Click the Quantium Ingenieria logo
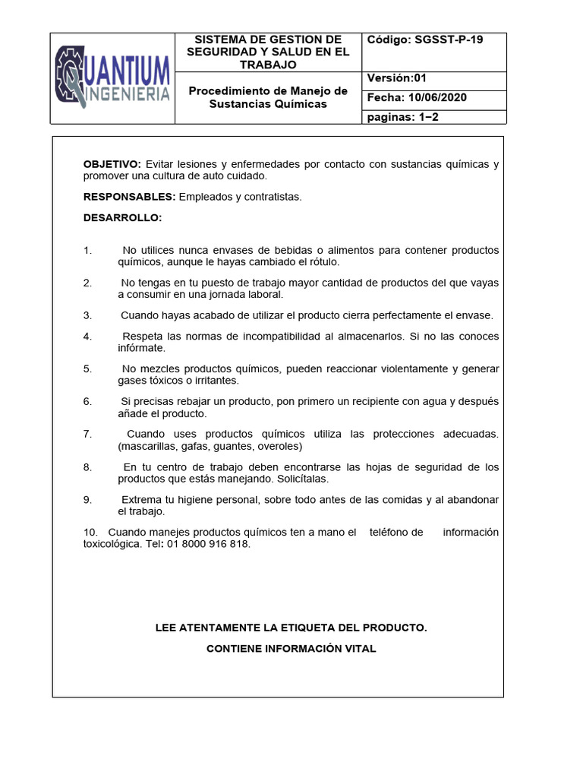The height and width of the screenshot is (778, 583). pyautogui.click(x=112, y=78)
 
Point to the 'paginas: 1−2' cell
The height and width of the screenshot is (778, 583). pyautogui.click(x=404, y=116)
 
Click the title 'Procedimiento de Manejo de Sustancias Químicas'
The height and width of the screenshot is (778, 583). pyautogui.click(x=268, y=96)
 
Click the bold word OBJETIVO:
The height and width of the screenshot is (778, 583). pyautogui.click(x=112, y=164)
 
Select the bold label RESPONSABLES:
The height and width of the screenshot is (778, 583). pyautogui.click(x=129, y=197)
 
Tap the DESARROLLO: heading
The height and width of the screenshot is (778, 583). pyautogui.click(x=122, y=218)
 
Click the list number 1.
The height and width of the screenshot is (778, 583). pyautogui.click(x=87, y=250)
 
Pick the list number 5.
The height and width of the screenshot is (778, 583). pyautogui.click(x=87, y=368)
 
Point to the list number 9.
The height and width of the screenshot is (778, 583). pyautogui.click(x=87, y=499)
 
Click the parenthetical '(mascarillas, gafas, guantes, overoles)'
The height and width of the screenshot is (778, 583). pyautogui.click(x=210, y=446)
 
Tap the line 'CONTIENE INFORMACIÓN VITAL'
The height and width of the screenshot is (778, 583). pyautogui.click(x=291, y=648)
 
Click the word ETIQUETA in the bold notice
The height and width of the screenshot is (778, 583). pyautogui.click(x=313, y=628)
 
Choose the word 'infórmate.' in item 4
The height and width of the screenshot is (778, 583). pyautogui.click(x=141, y=348)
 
